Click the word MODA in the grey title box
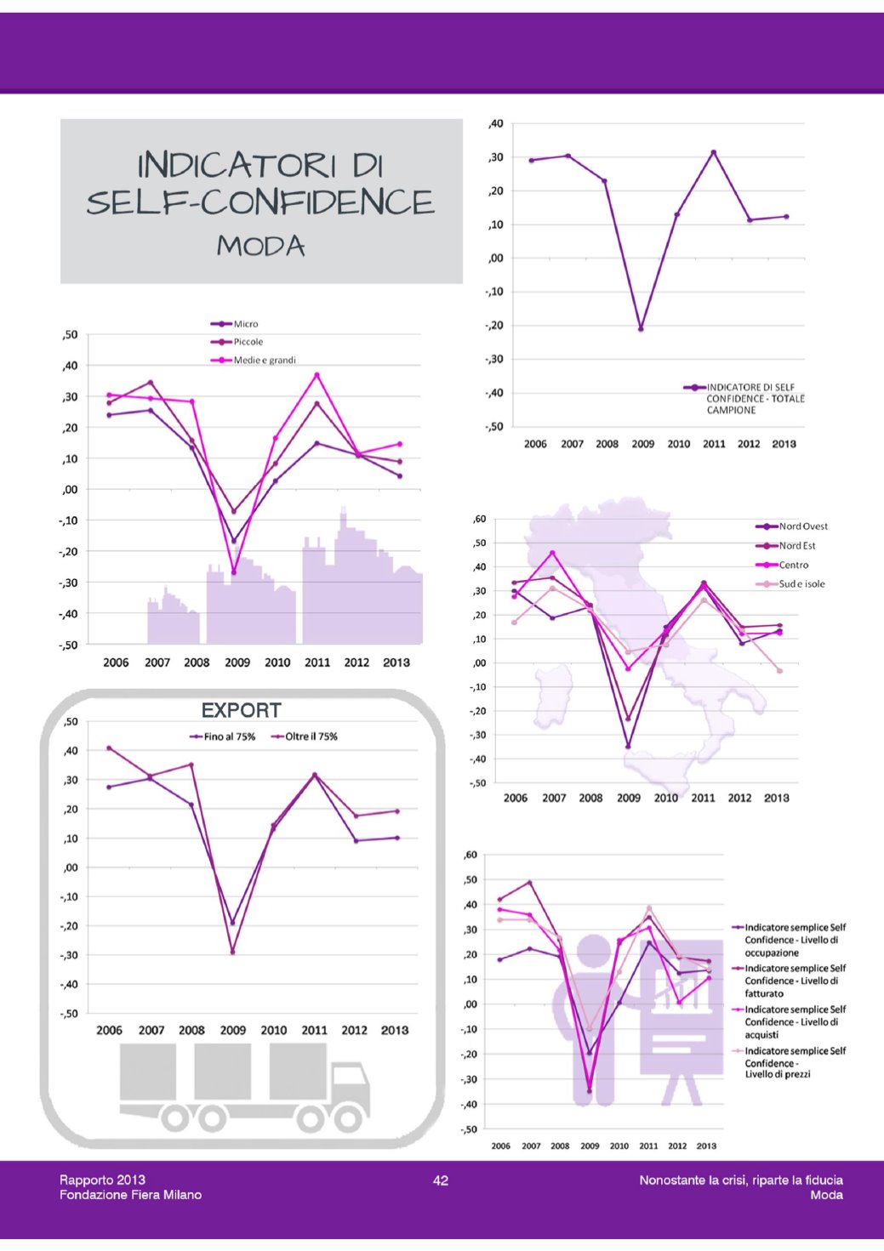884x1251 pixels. [x=260, y=246]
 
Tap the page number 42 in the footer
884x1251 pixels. [x=441, y=1180]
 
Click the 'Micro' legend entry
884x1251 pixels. [x=245, y=324]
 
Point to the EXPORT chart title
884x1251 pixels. [x=241, y=711]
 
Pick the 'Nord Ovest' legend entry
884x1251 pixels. [x=802, y=526]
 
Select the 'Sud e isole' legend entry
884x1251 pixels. [x=801, y=584]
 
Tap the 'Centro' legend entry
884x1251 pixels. [x=793, y=565]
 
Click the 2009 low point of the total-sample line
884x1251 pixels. [x=641, y=328]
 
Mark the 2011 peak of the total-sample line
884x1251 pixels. [x=714, y=152]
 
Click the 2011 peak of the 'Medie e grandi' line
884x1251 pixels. [x=317, y=374]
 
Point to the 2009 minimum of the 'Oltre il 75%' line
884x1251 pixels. [x=233, y=952]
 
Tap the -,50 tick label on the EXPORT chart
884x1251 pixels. [x=68, y=1014]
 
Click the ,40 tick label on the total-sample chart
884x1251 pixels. [x=495, y=124]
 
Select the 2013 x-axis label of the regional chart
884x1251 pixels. [x=776, y=798]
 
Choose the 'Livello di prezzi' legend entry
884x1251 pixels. [x=795, y=1062]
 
